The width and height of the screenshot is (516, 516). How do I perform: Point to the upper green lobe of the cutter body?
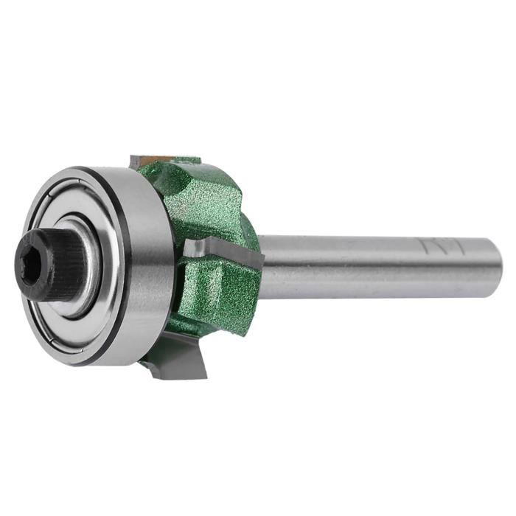coord(206,199)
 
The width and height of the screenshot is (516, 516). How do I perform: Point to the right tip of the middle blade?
coord(259,258)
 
